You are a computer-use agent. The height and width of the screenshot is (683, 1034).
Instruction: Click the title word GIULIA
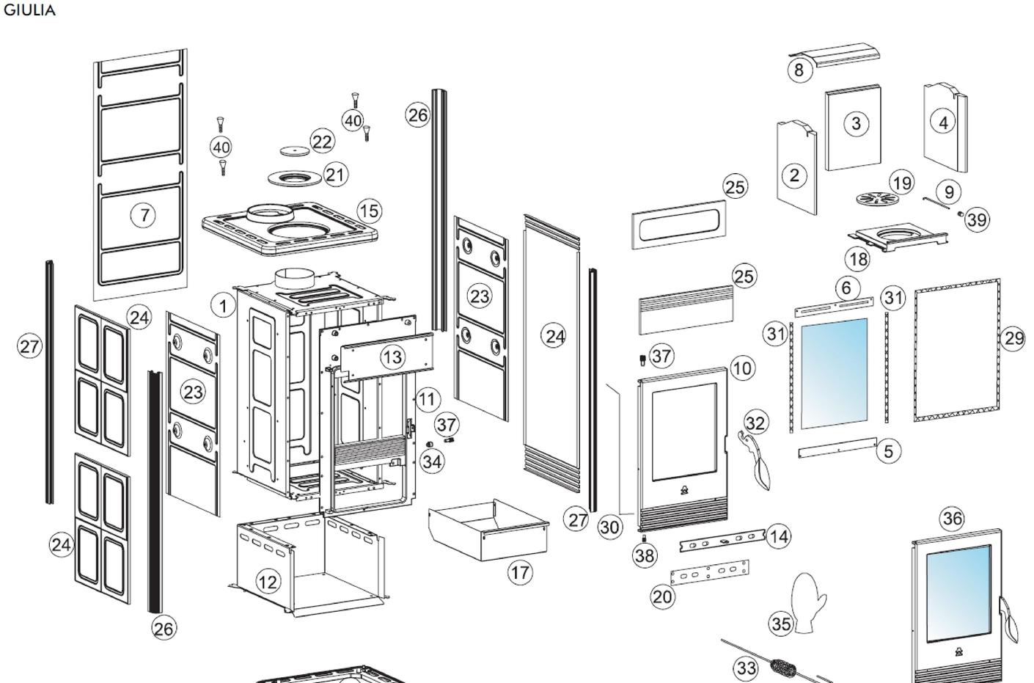pos(29,10)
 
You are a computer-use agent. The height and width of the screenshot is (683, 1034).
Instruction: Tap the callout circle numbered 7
pos(144,215)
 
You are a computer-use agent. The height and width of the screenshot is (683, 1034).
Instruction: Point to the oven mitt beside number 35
pos(808,602)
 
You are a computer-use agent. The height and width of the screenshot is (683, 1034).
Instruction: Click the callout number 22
pos(322,142)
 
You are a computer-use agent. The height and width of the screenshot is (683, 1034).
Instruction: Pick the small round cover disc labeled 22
pos(295,150)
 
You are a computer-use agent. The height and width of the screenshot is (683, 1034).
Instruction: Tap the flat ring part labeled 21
pos(295,178)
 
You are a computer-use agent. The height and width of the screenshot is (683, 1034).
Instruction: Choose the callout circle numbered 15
pos(370,211)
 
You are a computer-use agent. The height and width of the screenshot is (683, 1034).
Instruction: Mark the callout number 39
pos(977,220)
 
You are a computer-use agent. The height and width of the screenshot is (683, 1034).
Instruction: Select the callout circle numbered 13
pos(393,357)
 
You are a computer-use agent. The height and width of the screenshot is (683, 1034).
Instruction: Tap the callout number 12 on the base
pos(268,582)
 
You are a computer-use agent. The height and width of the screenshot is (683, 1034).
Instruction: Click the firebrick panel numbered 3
pos(853,128)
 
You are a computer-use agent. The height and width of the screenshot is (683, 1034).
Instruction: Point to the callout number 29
pos(1013,338)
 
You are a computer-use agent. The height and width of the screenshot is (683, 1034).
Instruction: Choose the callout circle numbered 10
pos(742,368)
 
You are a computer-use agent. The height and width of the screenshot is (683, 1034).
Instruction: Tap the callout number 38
pos(645,555)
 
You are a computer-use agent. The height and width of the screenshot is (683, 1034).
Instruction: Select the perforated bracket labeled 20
pos(709,573)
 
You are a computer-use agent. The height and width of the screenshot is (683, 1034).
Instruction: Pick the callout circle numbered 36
pos(953,519)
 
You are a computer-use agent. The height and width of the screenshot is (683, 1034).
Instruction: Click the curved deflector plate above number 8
pos(834,55)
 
